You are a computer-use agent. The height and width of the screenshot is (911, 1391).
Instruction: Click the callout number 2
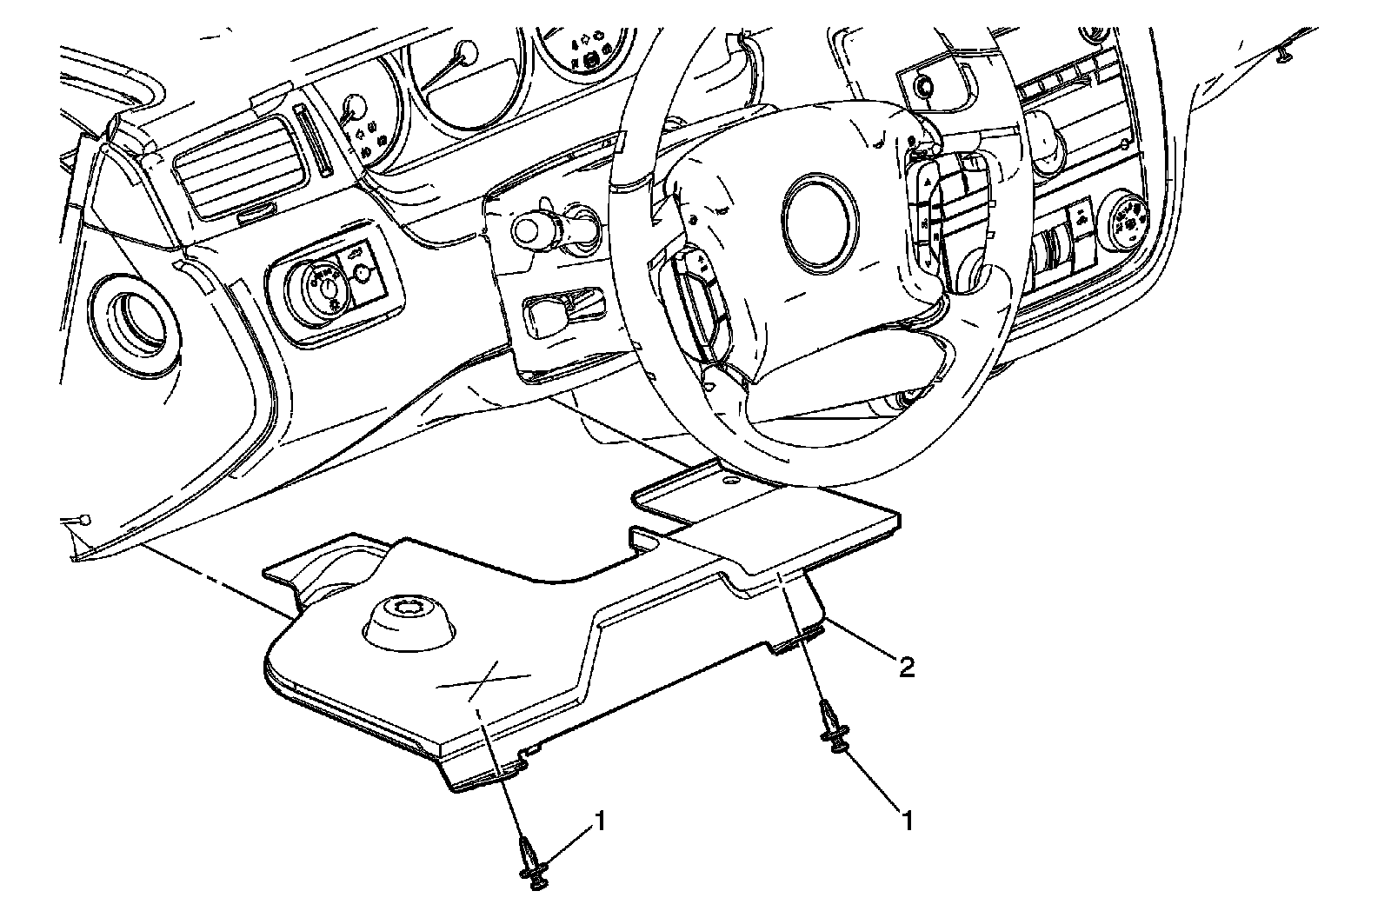coord(906,667)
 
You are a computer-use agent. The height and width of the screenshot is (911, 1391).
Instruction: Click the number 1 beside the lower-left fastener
coord(599,819)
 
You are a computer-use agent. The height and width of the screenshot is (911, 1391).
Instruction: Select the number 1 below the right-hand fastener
coord(908,820)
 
